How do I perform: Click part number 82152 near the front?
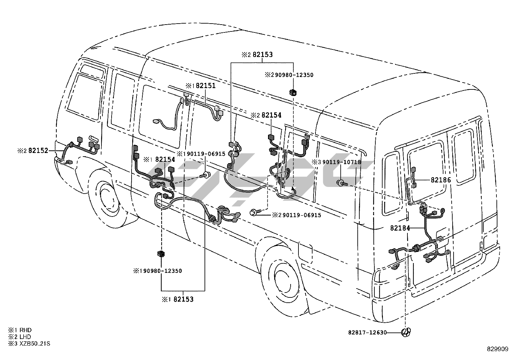tap(38, 151)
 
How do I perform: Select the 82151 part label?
tap(206, 86)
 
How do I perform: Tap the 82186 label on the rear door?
tap(440, 180)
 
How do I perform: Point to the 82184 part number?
tap(400, 228)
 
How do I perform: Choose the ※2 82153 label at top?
tap(262, 55)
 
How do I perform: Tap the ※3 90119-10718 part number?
tap(340, 162)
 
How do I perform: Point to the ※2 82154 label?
tap(271, 115)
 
